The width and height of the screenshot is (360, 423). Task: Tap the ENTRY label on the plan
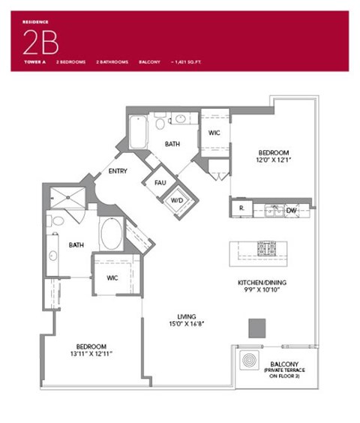[x=118, y=171]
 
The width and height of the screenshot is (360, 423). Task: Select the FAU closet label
[x=160, y=182]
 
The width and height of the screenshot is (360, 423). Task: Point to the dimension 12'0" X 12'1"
[x=274, y=159]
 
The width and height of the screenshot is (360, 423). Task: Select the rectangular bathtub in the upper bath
[x=138, y=133]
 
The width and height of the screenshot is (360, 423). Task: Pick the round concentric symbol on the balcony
[x=249, y=361]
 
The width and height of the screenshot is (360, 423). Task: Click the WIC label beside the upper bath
[x=213, y=133]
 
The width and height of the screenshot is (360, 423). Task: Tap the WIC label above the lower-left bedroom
[x=113, y=277]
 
